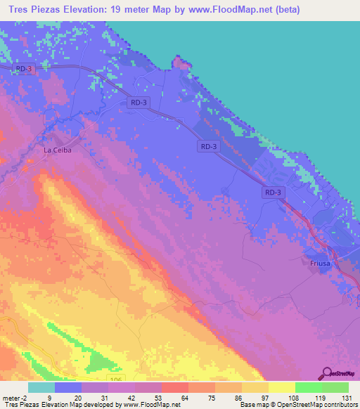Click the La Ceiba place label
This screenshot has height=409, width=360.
tap(58, 150)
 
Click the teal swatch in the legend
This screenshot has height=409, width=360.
tap(41, 387)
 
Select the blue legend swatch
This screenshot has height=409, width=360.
tap(68, 387)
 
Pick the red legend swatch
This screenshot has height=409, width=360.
tap(175, 387)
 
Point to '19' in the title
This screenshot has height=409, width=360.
tap(112, 10)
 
